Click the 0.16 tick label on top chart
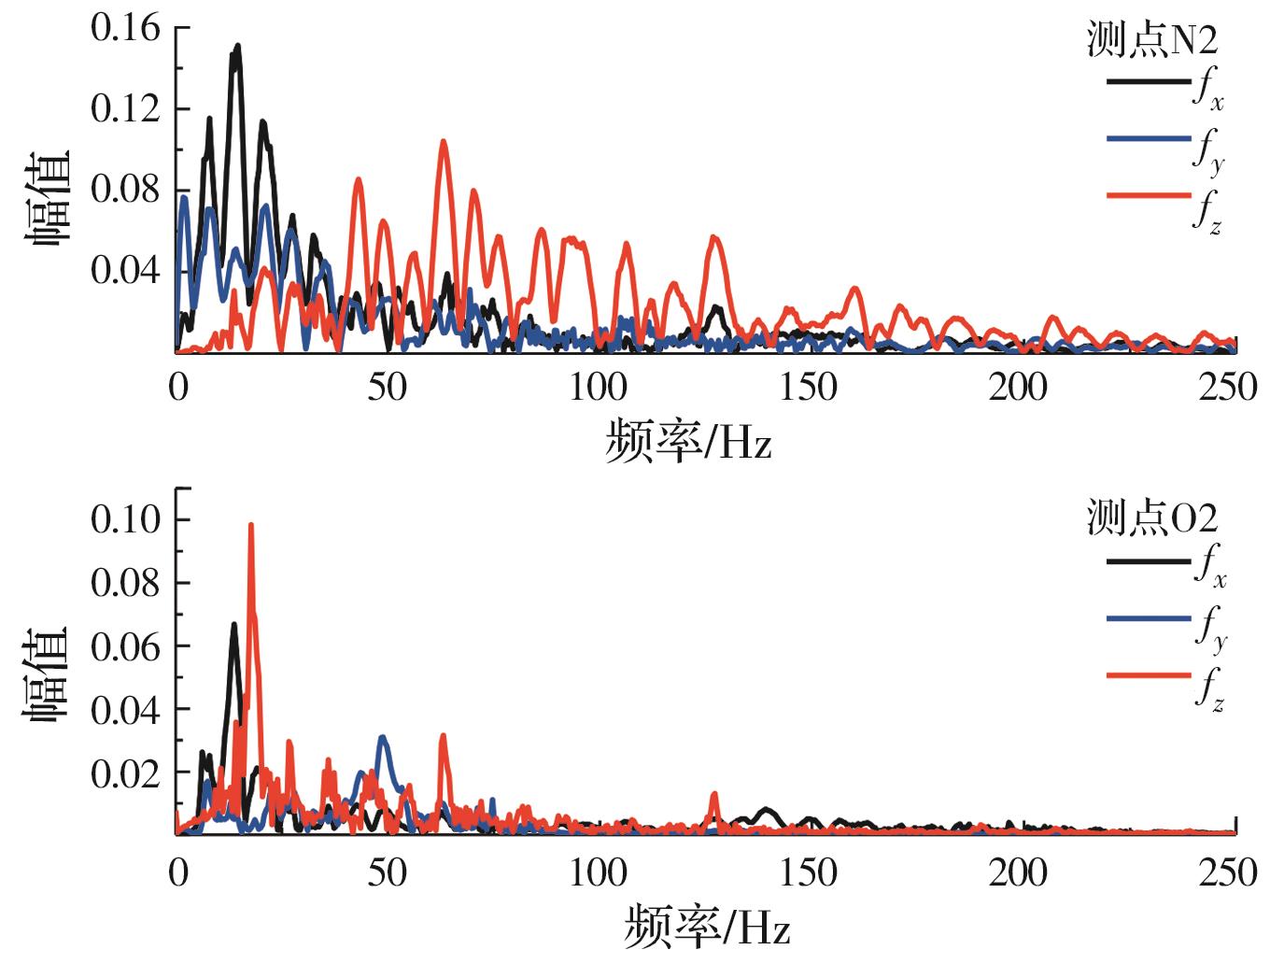tap(125, 28)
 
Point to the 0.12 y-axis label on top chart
tap(125, 109)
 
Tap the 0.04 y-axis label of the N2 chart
tap(125, 271)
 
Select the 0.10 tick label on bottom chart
tap(125, 518)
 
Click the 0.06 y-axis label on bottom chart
tap(125, 646)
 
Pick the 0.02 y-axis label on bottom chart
tap(125, 773)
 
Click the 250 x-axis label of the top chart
tap(1228, 387)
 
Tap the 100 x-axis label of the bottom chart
tap(598, 872)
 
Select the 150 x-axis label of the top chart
tap(808, 387)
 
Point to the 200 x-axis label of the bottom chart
tap(1018, 872)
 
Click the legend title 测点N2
tap(1152, 40)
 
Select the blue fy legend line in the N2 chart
tap(1149, 139)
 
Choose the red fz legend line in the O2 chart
tap(1149, 674)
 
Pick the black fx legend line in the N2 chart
tap(1149, 82)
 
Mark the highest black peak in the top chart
tap(238, 46)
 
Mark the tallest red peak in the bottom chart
tap(250, 525)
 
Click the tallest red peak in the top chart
tap(444, 142)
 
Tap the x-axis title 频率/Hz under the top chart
tap(688, 441)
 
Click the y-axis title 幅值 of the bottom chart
tap(47, 674)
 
